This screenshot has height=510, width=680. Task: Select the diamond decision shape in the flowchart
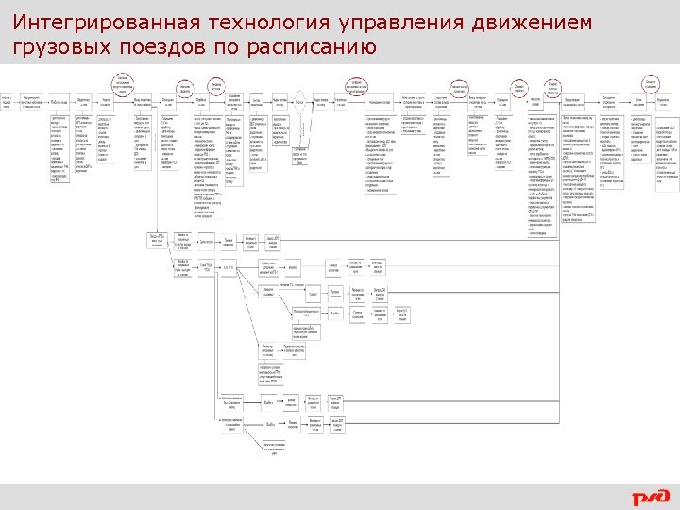(x=298, y=102)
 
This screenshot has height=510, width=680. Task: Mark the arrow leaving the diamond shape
(x=308, y=102)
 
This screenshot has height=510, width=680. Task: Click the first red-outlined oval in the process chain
(x=123, y=83)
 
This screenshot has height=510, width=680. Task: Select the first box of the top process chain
(x=7, y=102)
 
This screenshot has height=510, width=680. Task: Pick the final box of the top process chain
(x=664, y=102)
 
